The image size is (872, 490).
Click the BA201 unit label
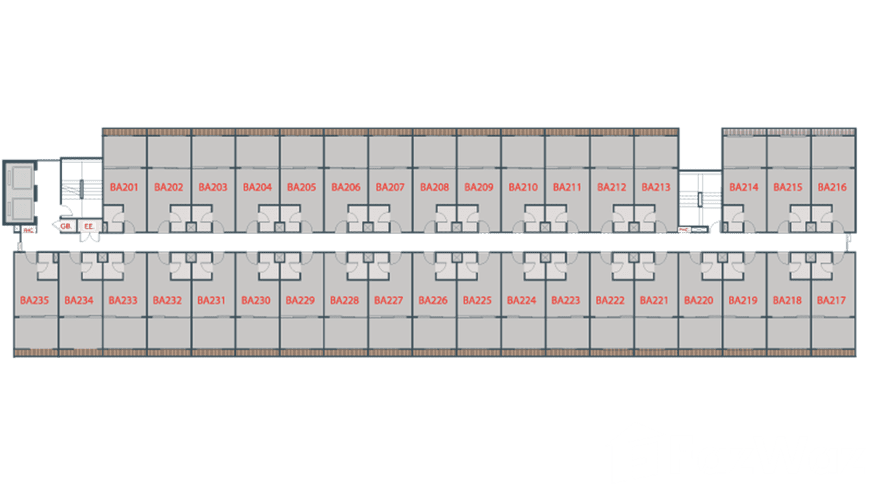[124, 187]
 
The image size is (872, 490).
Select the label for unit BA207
[390, 187]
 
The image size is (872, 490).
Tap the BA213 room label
[656, 187]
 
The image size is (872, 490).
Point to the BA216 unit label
[832, 187]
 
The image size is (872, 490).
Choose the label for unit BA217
[831, 300]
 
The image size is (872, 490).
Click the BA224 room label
[521, 300]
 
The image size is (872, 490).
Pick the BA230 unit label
[255, 300]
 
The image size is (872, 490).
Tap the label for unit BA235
[34, 300]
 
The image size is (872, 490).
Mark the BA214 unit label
[743, 187]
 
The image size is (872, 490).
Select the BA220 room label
[699, 300]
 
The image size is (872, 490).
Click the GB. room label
[66, 226]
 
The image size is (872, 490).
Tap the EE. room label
[89, 226]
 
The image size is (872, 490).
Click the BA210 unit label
[523, 187]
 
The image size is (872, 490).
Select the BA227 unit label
[389, 300]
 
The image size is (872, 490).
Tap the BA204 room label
[257, 187]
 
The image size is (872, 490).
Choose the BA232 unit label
[167, 300]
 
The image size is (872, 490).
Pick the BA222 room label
[610, 300]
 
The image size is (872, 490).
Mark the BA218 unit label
[787, 300]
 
